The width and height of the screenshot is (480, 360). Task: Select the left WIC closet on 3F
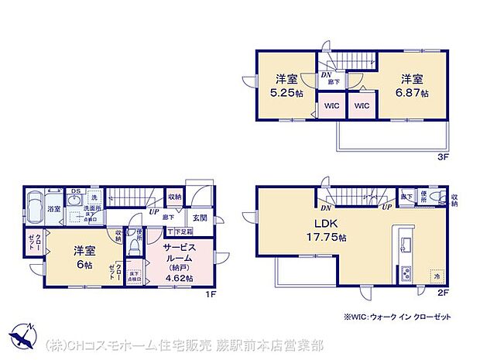[x=331, y=106]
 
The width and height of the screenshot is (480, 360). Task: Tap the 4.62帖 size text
[x=180, y=277]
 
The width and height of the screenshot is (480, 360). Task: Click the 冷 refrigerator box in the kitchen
[x=436, y=276]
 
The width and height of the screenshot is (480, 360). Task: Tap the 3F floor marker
[x=443, y=156]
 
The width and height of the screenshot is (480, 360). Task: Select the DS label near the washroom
[x=76, y=190]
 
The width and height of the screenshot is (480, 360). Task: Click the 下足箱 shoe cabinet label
[x=180, y=231]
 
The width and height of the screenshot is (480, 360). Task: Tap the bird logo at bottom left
[x=23, y=338]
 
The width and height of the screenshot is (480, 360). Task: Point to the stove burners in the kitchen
[x=406, y=273]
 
